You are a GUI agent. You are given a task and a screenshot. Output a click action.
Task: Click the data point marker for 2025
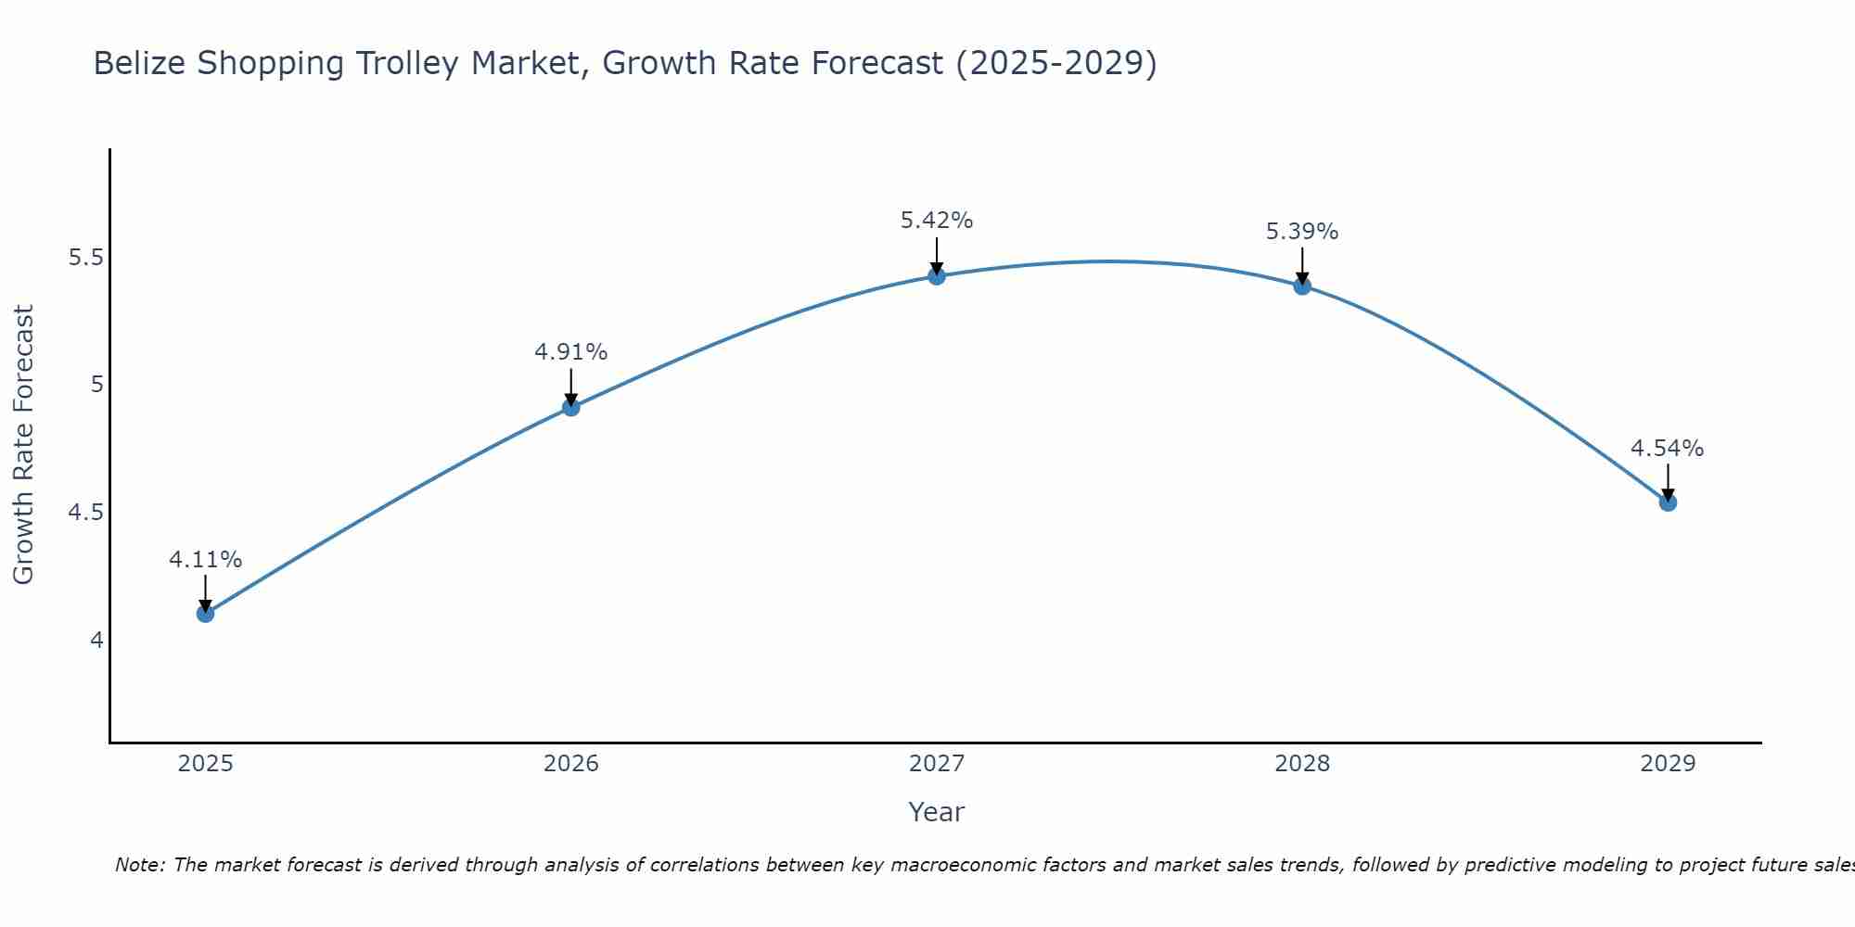click(x=206, y=613)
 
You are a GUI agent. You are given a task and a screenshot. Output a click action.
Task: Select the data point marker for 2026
click(x=571, y=407)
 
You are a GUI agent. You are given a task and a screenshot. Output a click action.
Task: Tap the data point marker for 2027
click(x=937, y=275)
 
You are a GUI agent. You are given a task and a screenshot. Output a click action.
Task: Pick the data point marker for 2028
click(x=1302, y=286)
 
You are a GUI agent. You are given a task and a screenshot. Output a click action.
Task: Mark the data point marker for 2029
click(x=1668, y=502)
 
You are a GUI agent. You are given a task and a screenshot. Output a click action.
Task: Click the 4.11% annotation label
click(x=206, y=560)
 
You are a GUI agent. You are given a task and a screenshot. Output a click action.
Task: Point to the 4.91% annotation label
click(x=571, y=352)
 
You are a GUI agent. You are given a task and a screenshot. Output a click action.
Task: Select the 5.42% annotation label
click(x=937, y=221)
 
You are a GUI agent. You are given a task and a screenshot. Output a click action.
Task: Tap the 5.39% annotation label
click(x=1302, y=232)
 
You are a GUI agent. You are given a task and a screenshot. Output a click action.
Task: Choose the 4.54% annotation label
click(x=1668, y=449)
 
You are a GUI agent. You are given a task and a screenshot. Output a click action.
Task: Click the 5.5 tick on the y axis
click(x=85, y=258)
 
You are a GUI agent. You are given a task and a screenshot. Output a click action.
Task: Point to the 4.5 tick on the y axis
click(x=85, y=513)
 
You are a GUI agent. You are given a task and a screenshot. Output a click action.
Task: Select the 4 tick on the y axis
click(x=96, y=641)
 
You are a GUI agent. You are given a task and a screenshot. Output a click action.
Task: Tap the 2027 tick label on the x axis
click(x=937, y=764)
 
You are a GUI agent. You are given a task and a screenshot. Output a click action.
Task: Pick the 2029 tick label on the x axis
click(x=1668, y=764)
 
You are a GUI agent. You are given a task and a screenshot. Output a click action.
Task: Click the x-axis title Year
click(x=937, y=812)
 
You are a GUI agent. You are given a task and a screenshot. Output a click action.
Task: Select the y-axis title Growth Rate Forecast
click(x=23, y=445)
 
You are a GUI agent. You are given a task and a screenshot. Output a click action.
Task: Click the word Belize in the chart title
click(x=140, y=64)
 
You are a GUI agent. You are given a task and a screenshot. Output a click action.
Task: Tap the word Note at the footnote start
click(x=139, y=865)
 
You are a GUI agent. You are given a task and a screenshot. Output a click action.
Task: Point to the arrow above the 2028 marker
click(x=1302, y=265)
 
